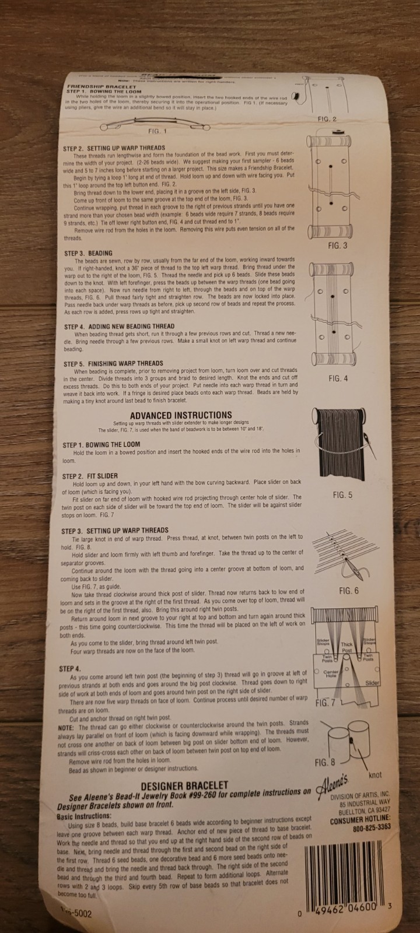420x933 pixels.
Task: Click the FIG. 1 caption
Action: (x=157, y=131)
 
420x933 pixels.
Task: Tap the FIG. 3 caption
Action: (x=337, y=245)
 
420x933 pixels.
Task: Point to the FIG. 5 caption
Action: (x=342, y=495)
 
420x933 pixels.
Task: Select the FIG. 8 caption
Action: (x=324, y=762)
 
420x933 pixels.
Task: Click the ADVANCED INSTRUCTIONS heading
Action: (x=181, y=415)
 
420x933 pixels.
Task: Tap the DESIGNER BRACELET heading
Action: (x=184, y=785)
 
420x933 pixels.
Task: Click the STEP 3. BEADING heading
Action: (x=88, y=254)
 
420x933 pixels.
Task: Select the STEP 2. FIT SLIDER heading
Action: (x=90, y=476)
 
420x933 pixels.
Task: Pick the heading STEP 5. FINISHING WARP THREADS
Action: (x=113, y=364)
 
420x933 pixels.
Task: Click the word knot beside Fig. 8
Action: (x=375, y=775)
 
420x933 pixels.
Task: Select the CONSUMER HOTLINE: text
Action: (x=360, y=818)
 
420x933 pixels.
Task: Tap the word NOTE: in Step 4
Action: (x=66, y=728)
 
